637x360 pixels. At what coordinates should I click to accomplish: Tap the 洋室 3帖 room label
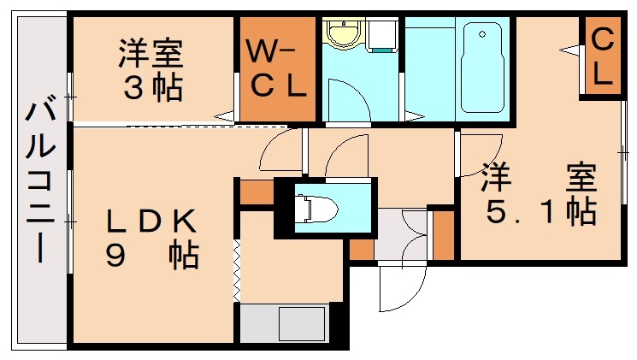tap(152, 69)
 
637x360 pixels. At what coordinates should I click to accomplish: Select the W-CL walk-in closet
tap(278, 69)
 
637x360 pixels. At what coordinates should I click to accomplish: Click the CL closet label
tap(602, 57)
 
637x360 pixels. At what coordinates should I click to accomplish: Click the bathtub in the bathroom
tap(482, 68)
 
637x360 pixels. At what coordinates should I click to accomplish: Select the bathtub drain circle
tap(482, 34)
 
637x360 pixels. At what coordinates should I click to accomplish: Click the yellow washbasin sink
tap(345, 33)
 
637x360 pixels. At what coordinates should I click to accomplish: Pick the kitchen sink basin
tap(301, 323)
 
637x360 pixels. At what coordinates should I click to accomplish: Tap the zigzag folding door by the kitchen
tap(237, 271)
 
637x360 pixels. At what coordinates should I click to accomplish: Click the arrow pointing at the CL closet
tap(570, 50)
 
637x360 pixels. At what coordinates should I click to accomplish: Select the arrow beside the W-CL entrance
tap(224, 116)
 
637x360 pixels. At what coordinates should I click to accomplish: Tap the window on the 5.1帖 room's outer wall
tap(624, 152)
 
